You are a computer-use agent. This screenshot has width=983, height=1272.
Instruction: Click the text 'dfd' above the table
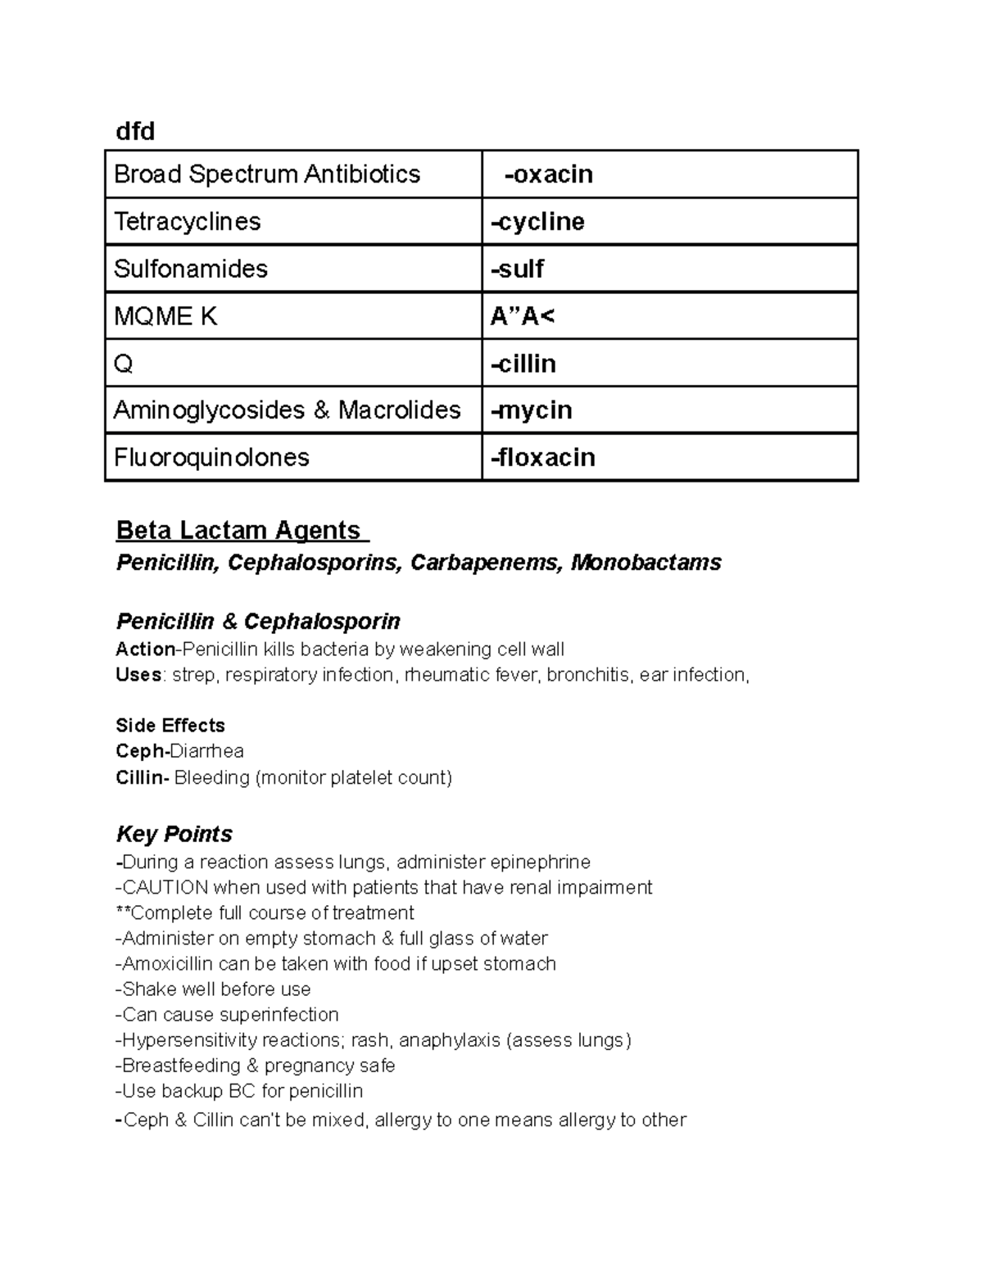pos(135,131)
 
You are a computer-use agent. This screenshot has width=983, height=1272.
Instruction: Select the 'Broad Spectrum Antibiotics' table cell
pos(267,174)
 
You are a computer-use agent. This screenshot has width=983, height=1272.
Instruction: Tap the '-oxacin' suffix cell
pos(549,174)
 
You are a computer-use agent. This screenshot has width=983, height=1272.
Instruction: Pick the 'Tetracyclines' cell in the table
pos(188,222)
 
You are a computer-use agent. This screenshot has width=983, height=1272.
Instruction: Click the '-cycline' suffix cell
pos(537,222)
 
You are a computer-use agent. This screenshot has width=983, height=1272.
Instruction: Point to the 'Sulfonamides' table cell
pos(191,269)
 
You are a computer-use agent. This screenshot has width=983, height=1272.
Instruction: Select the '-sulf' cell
pos(517,269)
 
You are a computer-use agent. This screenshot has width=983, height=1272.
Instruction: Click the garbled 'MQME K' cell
pos(165,316)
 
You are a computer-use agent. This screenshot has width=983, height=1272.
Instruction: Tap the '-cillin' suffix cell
pos(523,364)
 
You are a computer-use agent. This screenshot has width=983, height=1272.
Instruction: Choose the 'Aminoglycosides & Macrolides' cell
pos(287,410)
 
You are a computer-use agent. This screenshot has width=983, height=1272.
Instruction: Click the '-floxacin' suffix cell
pos(542,457)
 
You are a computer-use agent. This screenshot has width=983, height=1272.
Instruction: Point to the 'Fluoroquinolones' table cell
pos(211,457)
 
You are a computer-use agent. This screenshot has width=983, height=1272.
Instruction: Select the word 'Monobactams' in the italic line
pos(646,563)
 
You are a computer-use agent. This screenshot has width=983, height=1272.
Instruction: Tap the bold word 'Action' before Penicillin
pos(146,650)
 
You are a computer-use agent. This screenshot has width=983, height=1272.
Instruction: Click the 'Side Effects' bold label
pos(170,726)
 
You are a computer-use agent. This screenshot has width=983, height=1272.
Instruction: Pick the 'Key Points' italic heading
pos(174,834)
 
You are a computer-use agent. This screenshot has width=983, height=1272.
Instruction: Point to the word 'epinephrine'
pos(540,862)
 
